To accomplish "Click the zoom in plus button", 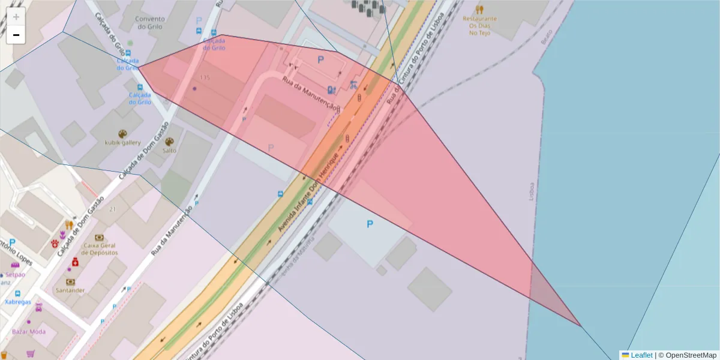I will coord(16,17).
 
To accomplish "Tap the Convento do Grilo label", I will coord(149,23).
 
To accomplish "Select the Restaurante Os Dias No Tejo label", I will coord(479,25).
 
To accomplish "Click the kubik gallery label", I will coord(122,143).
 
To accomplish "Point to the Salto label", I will coord(169,151).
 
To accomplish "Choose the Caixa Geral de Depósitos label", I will coord(100,249).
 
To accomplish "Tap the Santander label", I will coord(70,290).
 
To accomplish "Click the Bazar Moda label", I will coord(29,332).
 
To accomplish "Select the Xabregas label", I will coord(18,302).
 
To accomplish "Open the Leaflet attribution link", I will coord(641,355).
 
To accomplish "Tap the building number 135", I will coord(205,78).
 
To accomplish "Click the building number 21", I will coord(113,209).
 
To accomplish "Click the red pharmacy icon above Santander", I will coord(75,262).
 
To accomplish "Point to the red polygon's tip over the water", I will coord(580,326).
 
